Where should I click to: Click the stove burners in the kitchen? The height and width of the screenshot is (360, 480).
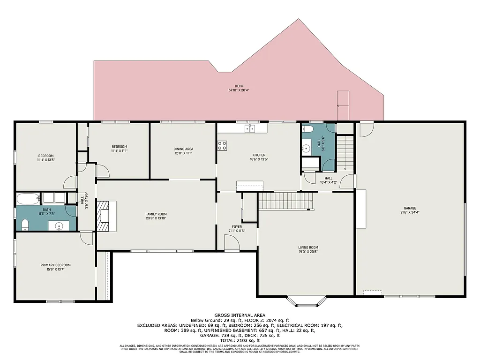pyautogui.click(x=222, y=145)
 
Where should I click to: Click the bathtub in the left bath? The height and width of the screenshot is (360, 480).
pyautogui.click(x=29, y=199)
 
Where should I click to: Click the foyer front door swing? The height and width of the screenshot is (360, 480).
pyautogui.click(x=232, y=243)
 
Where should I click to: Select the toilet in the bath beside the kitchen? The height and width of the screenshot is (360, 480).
pyautogui.click(x=307, y=129)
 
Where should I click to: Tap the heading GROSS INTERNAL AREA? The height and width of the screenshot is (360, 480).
pyautogui.click(x=240, y=315)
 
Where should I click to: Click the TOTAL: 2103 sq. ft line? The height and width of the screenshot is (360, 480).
pyautogui.click(x=240, y=341)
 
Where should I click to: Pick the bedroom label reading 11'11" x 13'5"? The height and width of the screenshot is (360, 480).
pyautogui.click(x=46, y=158)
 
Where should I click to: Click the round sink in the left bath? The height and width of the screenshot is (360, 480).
pyautogui.click(x=60, y=226)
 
